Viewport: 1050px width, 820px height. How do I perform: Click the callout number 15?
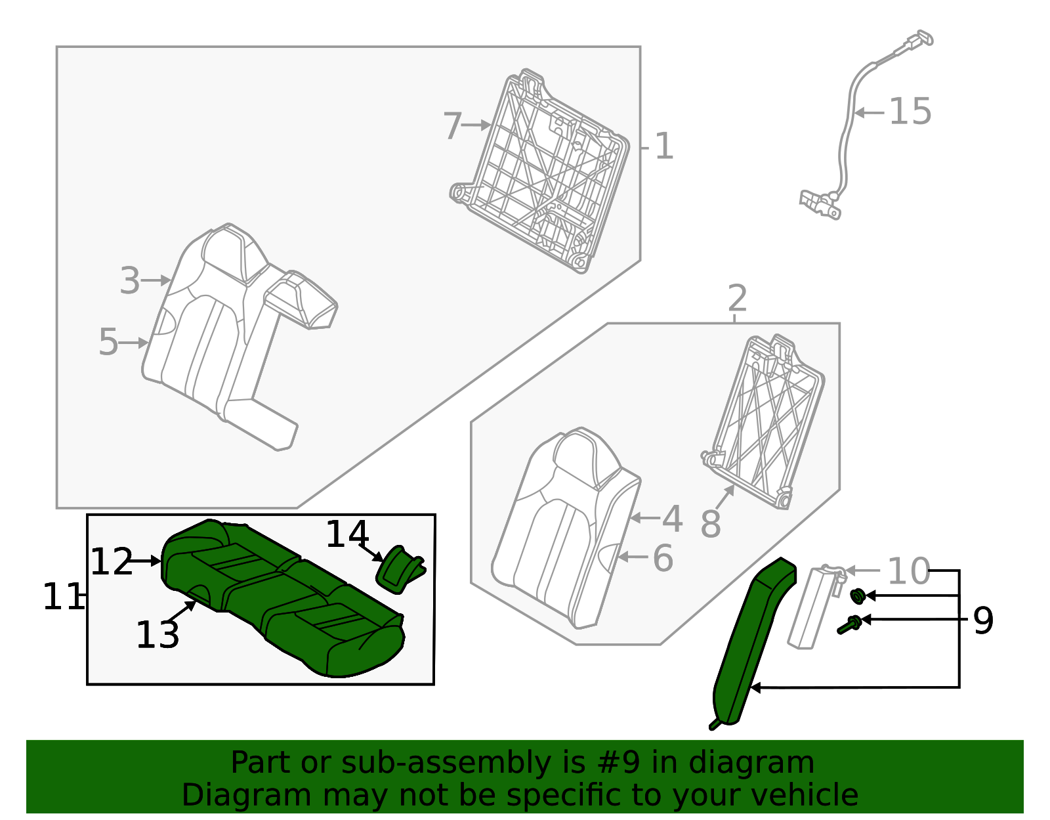click(910, 112)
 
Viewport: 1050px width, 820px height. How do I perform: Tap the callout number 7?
click(453, 126)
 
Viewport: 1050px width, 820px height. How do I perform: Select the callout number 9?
click(982, 620)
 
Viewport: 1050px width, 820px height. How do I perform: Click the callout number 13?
click(157, 635)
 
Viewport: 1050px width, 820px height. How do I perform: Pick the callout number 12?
click(111, 562)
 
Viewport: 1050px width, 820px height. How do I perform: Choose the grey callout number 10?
click(908, 571)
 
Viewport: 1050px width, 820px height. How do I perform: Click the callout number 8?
click(711, 524)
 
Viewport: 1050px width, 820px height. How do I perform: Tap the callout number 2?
click(737, 299)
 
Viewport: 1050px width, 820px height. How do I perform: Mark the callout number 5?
click(108, 342)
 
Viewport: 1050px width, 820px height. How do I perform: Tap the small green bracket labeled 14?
click(400, 569)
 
